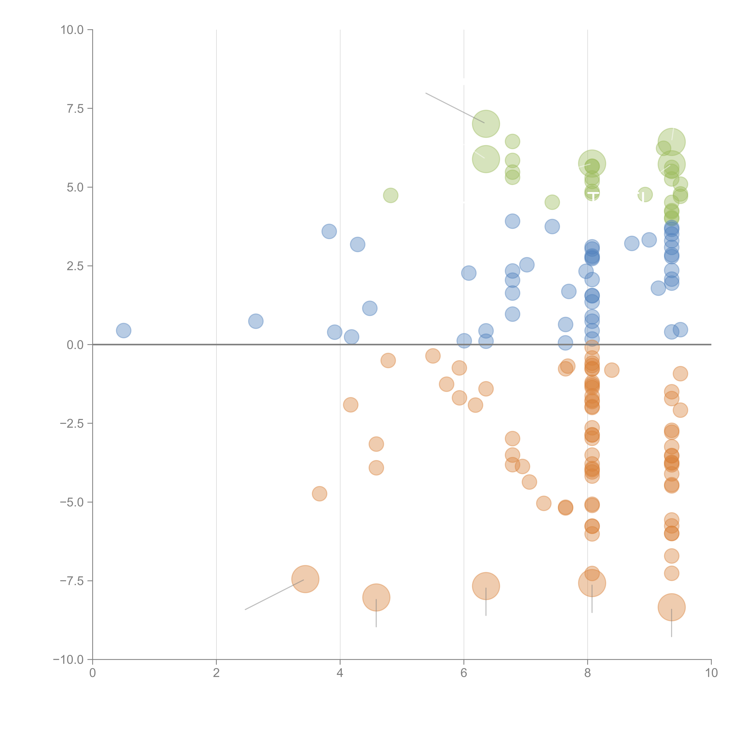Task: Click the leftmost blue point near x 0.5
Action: [x=123, y=330]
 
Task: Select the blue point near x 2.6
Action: [x=256, y=321]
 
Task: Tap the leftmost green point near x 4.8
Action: [x=391, y=195]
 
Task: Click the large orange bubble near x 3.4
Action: [x=305, y=579]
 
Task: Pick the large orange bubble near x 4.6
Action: [x=376, y=597]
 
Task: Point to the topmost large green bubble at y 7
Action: [x=486, y=123]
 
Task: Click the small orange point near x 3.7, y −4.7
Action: [x=320, y=494]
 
